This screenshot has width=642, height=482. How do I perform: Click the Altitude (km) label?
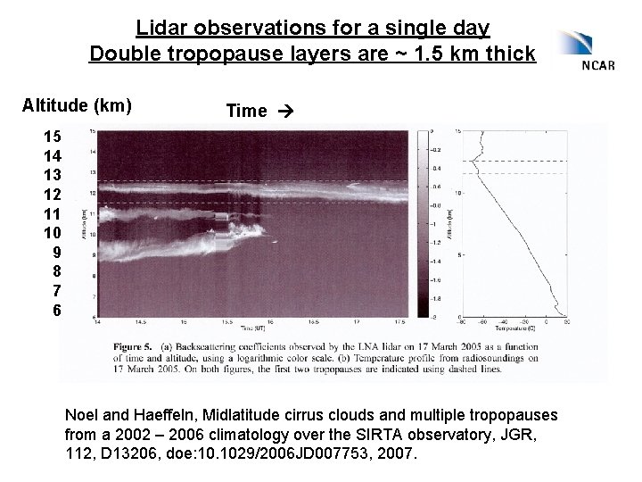click(x=77, y=106)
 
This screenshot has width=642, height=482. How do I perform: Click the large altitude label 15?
click(x=53, y=137)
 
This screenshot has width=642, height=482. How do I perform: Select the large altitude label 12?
click(x=53, y=194)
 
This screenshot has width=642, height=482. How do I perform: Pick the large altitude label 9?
click(x=57, y=253)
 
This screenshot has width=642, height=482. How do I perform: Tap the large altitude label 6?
click(x=57, y=311)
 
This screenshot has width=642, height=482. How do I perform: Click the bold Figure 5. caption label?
click(x=134, y=343)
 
